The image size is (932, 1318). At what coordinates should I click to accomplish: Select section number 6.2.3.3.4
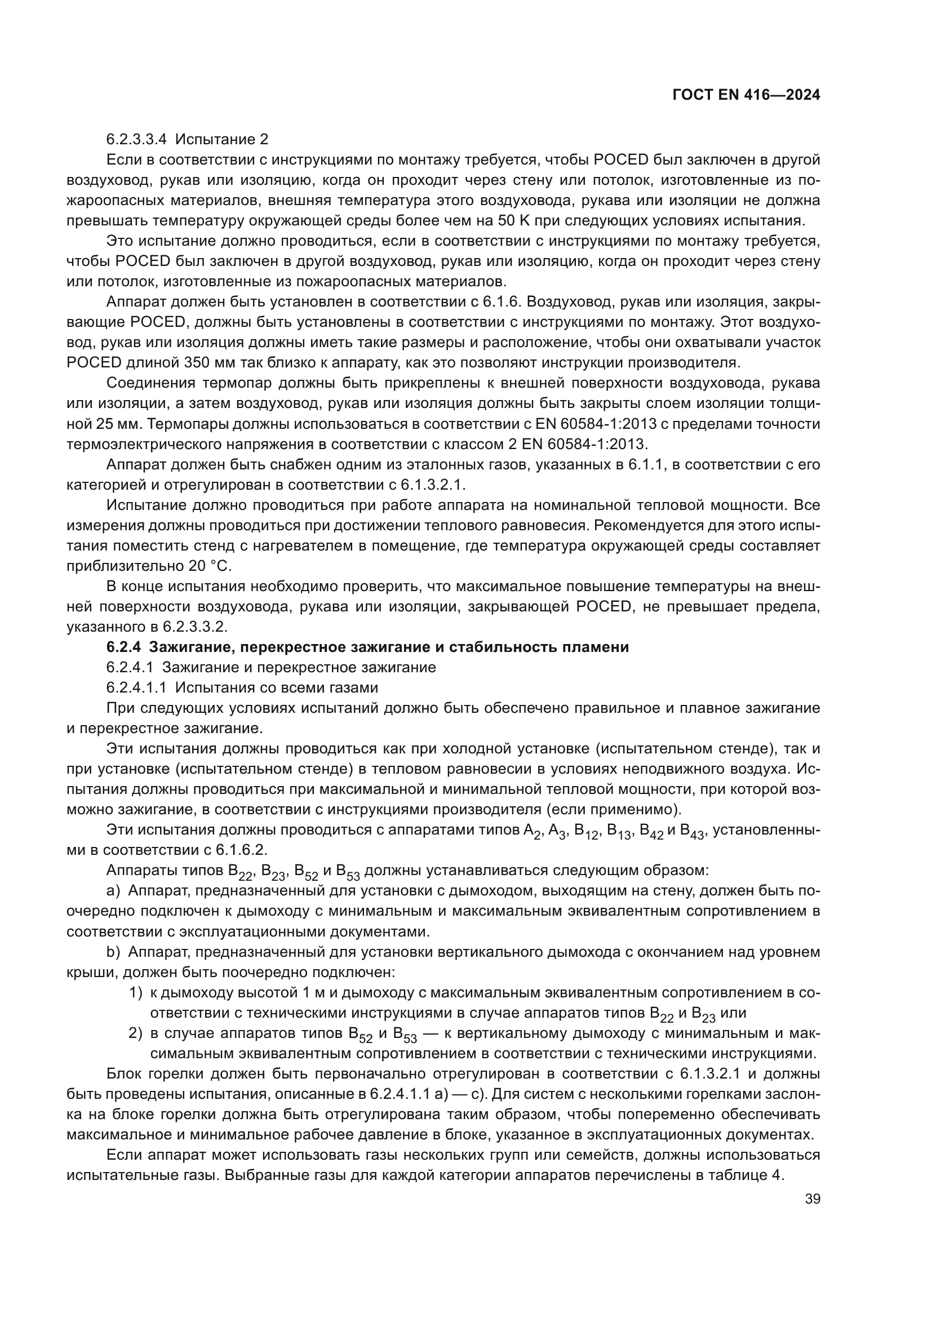click(137, 140)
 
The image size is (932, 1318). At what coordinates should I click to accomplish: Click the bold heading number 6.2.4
click(123, 647)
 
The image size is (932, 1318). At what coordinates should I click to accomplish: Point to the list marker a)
click(113, 890)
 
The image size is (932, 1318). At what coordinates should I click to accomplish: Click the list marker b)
click(113, 952)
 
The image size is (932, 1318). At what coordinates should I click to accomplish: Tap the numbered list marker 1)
click(135, 992)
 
